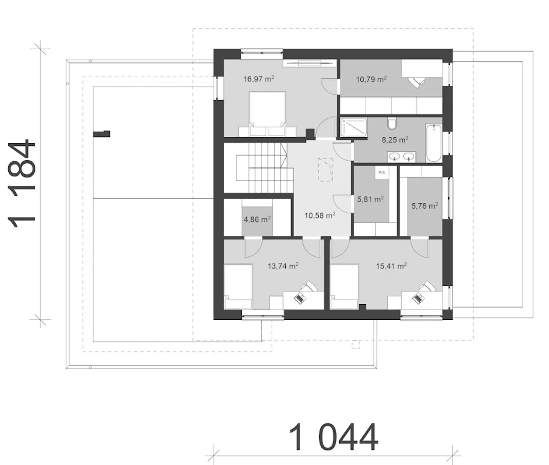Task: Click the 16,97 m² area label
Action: coord(259,79)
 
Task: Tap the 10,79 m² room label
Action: coord(371,79)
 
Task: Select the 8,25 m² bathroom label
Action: coord(395,140)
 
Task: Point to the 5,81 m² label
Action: coord(370,199)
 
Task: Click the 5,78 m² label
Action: coord(425,205)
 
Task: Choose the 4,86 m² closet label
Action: coord(257,219)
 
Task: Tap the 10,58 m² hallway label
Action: coord(320,216)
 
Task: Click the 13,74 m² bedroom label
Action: coord(283,266)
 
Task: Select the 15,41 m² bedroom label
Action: coord(392,266)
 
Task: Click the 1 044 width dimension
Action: coord(333,437)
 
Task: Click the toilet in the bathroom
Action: coord(392,123)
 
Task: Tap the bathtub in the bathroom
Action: coord(434,143)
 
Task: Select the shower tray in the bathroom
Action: coord(354,127)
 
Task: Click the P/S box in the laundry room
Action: coord(382,173)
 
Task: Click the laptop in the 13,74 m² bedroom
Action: coord(300,298)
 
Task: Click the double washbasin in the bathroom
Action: coord(401,157)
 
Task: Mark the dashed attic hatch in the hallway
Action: coord(326,170)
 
